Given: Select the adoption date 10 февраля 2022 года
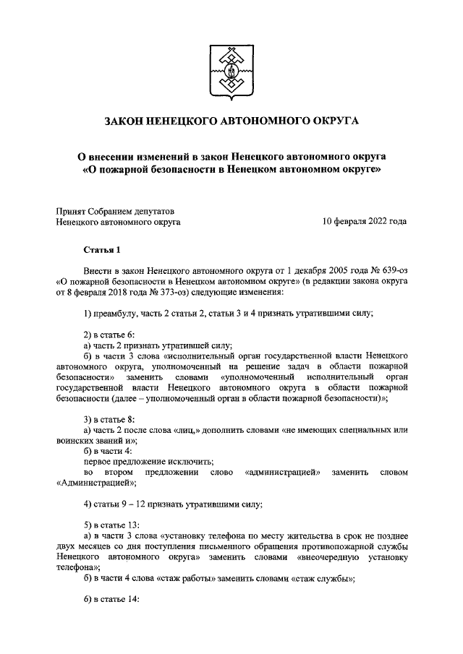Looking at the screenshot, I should pos(365,223).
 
